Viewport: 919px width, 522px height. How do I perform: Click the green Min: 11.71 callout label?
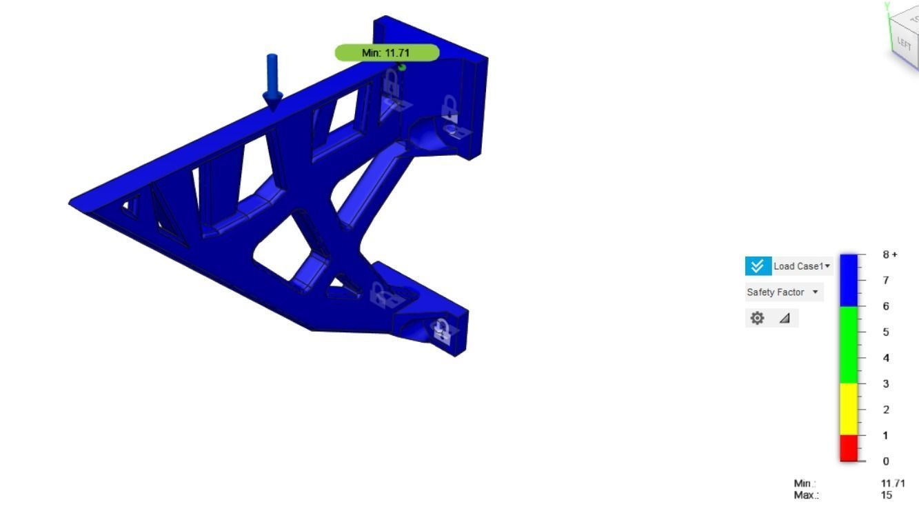coord(387,52)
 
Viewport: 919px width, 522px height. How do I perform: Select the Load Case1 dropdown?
coord(802,266)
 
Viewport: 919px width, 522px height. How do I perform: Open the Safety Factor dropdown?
coord(785,292)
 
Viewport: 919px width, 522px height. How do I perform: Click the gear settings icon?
coord(758,318)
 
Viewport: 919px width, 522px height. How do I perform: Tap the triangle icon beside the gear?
coord(785,318)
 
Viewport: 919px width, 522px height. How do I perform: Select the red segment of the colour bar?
coord(849,448)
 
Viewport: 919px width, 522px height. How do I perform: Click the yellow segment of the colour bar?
coord(849,409)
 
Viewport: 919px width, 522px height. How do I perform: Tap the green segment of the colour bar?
coord(849,345)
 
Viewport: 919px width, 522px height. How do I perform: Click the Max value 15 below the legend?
coord(887,495)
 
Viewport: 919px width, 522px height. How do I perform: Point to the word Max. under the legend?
coord(806,495)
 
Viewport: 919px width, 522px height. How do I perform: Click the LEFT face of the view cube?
coord(904,46)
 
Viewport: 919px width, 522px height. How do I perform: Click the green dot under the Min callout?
coord(402,66)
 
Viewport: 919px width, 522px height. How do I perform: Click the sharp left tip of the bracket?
coord(70,202)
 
